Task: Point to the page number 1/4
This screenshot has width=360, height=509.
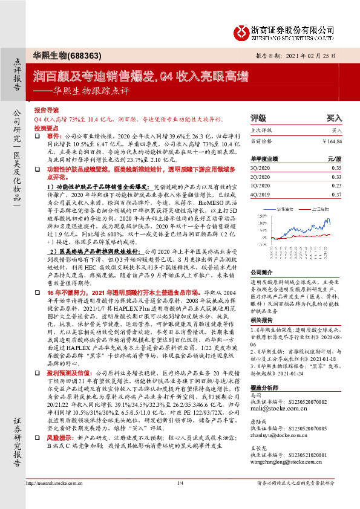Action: pos(180,499)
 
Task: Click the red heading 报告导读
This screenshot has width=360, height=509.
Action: pos(45,111)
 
